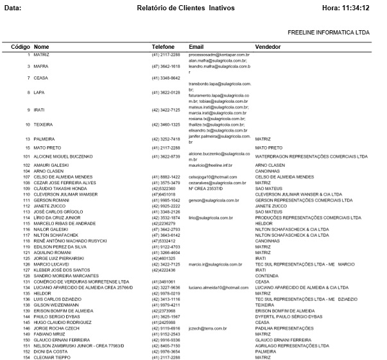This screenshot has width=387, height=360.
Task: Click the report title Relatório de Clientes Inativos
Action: [185, 8]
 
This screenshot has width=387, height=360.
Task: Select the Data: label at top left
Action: [13, 8]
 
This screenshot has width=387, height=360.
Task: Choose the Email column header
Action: [196, 47]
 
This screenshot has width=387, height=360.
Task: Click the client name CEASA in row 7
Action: [41, 78]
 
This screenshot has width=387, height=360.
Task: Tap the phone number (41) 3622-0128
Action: [166, 92]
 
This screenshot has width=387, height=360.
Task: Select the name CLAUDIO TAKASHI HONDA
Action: [60, 189]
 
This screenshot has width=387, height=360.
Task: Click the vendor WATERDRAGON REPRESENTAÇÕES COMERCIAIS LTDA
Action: [311, 156]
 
